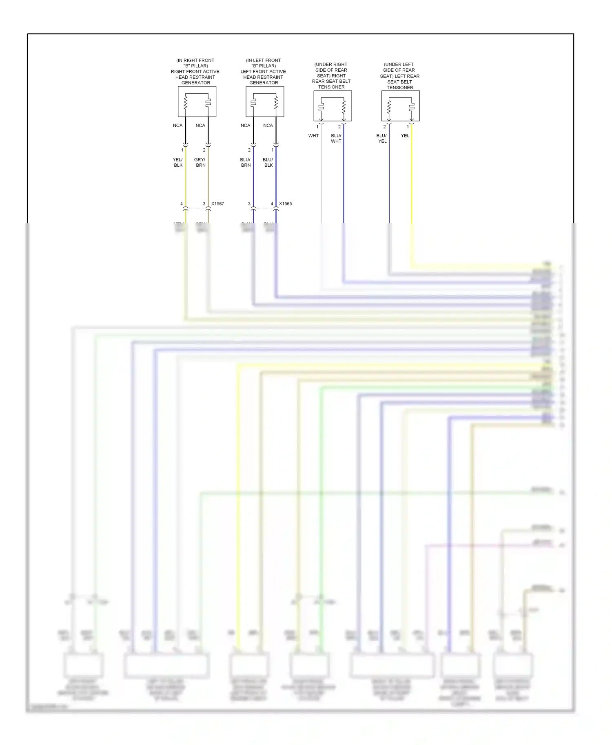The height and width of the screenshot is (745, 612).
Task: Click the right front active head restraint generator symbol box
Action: pos(197,101)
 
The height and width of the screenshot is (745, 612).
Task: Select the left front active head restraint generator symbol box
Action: pos(265,101)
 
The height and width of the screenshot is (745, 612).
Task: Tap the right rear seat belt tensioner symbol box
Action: pos(333,106)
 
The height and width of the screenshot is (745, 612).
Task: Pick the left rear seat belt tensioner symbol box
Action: pos(400,106)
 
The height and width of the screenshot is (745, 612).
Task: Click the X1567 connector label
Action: pos(217,204)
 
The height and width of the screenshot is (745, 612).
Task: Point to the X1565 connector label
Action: pos(285,204)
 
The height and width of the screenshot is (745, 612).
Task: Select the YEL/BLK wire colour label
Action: pos(178,163)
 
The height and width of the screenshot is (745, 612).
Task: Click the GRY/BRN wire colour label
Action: pos(200,163)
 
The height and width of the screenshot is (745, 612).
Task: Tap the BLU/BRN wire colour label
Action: pos(245,163)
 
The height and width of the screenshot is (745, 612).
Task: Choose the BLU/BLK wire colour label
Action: pos(268,163)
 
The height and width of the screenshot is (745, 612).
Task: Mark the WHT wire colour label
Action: pos(313,136)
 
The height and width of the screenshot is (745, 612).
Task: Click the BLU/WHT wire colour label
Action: pos(336,139)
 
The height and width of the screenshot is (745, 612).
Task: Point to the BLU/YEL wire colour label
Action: pos(381,139)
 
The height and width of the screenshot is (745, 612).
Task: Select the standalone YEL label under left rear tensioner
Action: pos(405,136)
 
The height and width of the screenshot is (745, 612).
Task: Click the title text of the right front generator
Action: pos(195,71)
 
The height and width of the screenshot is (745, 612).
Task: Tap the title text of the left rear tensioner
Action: pos(400,76)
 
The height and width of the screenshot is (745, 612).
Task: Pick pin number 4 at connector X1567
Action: pos(182,204)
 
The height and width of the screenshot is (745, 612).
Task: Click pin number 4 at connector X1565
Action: pos(272,204)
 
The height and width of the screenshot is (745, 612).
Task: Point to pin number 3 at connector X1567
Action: pos(204,204)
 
